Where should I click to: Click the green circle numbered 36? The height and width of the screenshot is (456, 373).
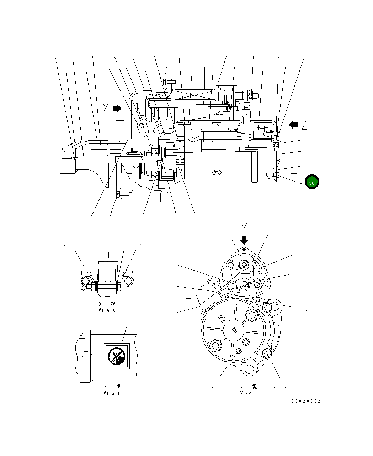coord(312,182)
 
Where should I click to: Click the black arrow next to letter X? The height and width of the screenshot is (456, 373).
coord(117,108)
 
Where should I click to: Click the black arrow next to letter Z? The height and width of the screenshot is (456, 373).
coord(293,125)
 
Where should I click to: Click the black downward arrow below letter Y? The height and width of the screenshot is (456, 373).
coord(244,240)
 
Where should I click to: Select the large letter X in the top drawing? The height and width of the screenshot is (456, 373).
coord(106,108)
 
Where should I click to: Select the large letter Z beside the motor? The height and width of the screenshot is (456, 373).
coord(304,125)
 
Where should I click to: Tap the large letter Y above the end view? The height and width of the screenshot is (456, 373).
coord(244,227)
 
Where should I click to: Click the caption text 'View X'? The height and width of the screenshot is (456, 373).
coord(107,310)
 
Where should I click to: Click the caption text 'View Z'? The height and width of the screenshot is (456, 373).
coord(248,393)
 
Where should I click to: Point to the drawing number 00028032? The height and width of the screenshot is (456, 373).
coord(306,401)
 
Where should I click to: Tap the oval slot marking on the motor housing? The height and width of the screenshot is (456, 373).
coord(217,173)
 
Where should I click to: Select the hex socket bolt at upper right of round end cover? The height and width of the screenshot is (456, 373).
coord(252,315)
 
